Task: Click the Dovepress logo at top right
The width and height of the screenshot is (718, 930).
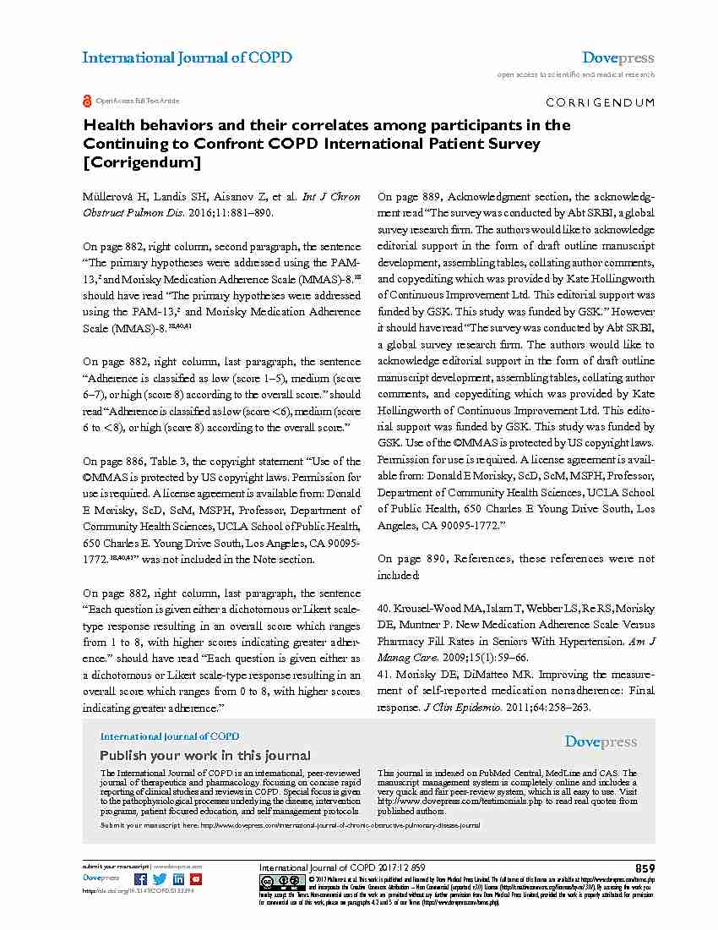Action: pos(617,58)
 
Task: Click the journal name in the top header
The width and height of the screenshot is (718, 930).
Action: pos(187,58)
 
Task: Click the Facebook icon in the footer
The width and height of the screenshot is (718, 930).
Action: pos(141,879)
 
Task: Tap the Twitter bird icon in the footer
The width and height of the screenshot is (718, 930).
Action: pos(160,879)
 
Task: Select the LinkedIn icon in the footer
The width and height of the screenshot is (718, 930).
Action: pos(178,879)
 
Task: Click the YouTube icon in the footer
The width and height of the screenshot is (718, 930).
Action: pos(196,879)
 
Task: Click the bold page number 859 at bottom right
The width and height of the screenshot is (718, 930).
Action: pos(645,868)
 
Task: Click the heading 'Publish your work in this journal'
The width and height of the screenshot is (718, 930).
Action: pos(193,755)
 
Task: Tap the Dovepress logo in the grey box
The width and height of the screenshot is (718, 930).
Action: pos(601,741)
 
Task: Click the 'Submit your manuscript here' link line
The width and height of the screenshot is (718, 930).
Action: pos(290,824)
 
